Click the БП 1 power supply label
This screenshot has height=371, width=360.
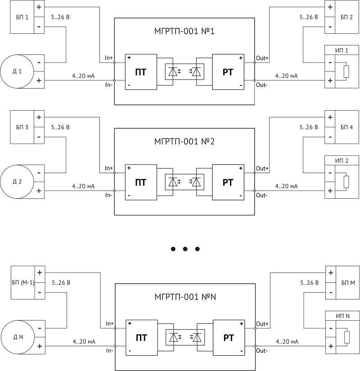tap(22, 17)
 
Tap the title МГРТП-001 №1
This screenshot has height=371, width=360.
tap(184, 31)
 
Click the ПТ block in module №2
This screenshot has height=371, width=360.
tap(141, 183)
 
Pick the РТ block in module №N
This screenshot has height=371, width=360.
tap(229, 338)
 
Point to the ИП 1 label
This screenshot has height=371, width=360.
tap(342, 50)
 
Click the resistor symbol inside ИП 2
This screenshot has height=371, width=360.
tap(346, 182)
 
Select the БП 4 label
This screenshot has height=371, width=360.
tap(346, 127)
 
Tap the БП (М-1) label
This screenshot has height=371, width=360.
tap(23, 282)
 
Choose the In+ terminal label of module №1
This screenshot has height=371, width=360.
tap(109, 58)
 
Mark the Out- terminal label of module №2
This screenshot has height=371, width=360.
tap(262, 196)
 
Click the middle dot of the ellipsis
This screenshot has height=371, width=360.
tap(185, 249)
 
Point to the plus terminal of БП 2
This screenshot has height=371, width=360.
tap(330, 7)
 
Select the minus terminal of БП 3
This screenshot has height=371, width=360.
tap(39, 137)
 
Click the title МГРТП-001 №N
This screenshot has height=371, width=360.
tap(185, 297)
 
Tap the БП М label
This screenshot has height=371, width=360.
tap(348, 283)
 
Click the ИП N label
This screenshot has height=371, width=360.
tap(342, 316)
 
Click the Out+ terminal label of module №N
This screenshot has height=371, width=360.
tap(262, 324)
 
